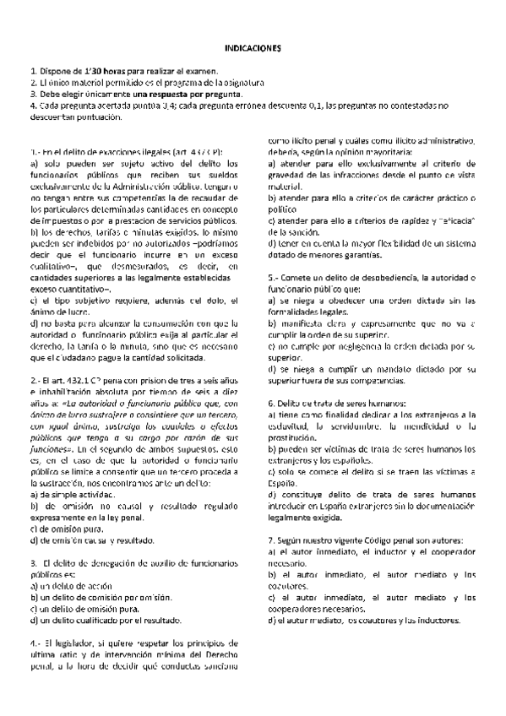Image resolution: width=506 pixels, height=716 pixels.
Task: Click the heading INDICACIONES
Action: point(253,50)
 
